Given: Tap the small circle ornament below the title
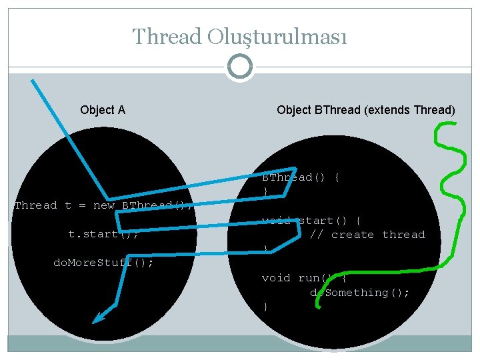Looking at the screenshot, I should pyautogui.click(x=240, y=67).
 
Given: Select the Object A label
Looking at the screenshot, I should pyautogui.click(x=103, y=110).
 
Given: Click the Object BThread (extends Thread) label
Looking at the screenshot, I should pyautogui.click(x=366, y=110).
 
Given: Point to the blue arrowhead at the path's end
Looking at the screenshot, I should pyautogui.click(x=99, y=317).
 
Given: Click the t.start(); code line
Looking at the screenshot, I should pyautogui.click(x=103, y=234).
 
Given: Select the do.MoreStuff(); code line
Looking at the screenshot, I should pyautogui.click(x=103, y=263).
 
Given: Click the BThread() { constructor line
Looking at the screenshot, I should pyautogui.click(x=301, y=177).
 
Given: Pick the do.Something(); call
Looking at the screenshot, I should pyautogui.click(x=360, y=293).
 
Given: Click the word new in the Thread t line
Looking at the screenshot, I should pyautogui.click(x=103, y=205).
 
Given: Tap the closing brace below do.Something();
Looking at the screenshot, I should pyautogui.click(x=265, y=307).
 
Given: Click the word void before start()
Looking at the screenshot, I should pyautogui.click(x=276, y=221).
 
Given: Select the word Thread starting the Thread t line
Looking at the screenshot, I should pyautogui.click(x=36, y=205).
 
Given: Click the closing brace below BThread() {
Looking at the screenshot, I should pyautogui.click(x=265, y=192).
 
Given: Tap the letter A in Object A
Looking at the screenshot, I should pyautogui.click(x=121, y=110).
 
